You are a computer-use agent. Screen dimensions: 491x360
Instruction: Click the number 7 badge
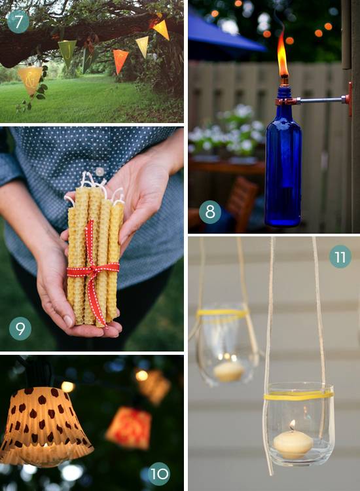(18, 22)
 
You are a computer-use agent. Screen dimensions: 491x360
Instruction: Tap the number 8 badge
(209, 213)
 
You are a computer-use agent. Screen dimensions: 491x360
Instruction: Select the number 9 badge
(20, 328)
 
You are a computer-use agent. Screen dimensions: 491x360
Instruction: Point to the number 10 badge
(158, 473)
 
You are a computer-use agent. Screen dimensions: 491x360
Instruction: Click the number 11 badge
(340, 257)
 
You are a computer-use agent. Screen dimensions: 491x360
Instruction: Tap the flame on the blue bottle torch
(282, 57)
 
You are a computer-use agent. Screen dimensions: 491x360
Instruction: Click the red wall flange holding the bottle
(349, 99)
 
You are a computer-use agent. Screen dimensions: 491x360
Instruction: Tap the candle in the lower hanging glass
(293, 444)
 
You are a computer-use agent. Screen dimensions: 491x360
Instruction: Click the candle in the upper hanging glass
(228, 371)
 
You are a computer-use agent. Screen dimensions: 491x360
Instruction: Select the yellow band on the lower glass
(298, 395)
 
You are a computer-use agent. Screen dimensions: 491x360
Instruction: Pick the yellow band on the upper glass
(223, 312)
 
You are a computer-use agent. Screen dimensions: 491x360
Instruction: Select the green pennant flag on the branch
(67, 52)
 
